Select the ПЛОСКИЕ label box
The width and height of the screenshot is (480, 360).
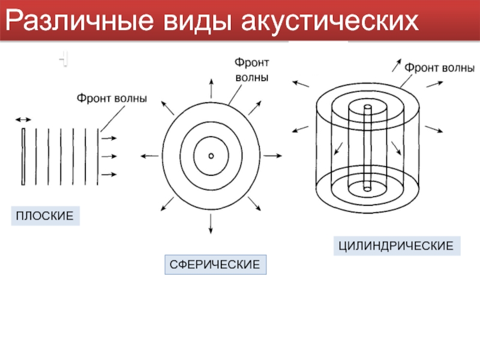tap(45, 215)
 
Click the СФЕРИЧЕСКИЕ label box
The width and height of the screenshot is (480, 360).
tap(215, 264)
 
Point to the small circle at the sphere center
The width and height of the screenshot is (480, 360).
tap(211, 156)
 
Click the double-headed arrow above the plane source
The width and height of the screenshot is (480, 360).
tap(23, 120)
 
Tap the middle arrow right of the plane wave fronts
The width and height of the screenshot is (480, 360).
tap(108, 156)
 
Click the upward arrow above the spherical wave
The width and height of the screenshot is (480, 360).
tap(211, 88)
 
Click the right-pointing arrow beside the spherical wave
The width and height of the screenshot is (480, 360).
tap(272, 156)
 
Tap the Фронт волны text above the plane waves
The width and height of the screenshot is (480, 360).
tap(111, 98)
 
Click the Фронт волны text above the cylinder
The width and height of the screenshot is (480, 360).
tap(440, 67)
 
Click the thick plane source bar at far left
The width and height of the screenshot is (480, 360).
tap(23, 156)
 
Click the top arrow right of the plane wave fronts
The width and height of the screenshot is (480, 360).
tap(108, 137)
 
